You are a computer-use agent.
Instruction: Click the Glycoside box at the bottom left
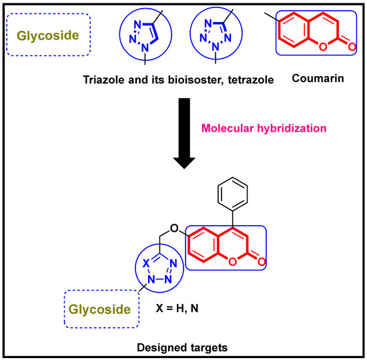[x=101, y=309]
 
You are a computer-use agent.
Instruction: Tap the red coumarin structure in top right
[x=312, y=39]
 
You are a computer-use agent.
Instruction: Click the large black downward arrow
[x=183, y=134]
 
